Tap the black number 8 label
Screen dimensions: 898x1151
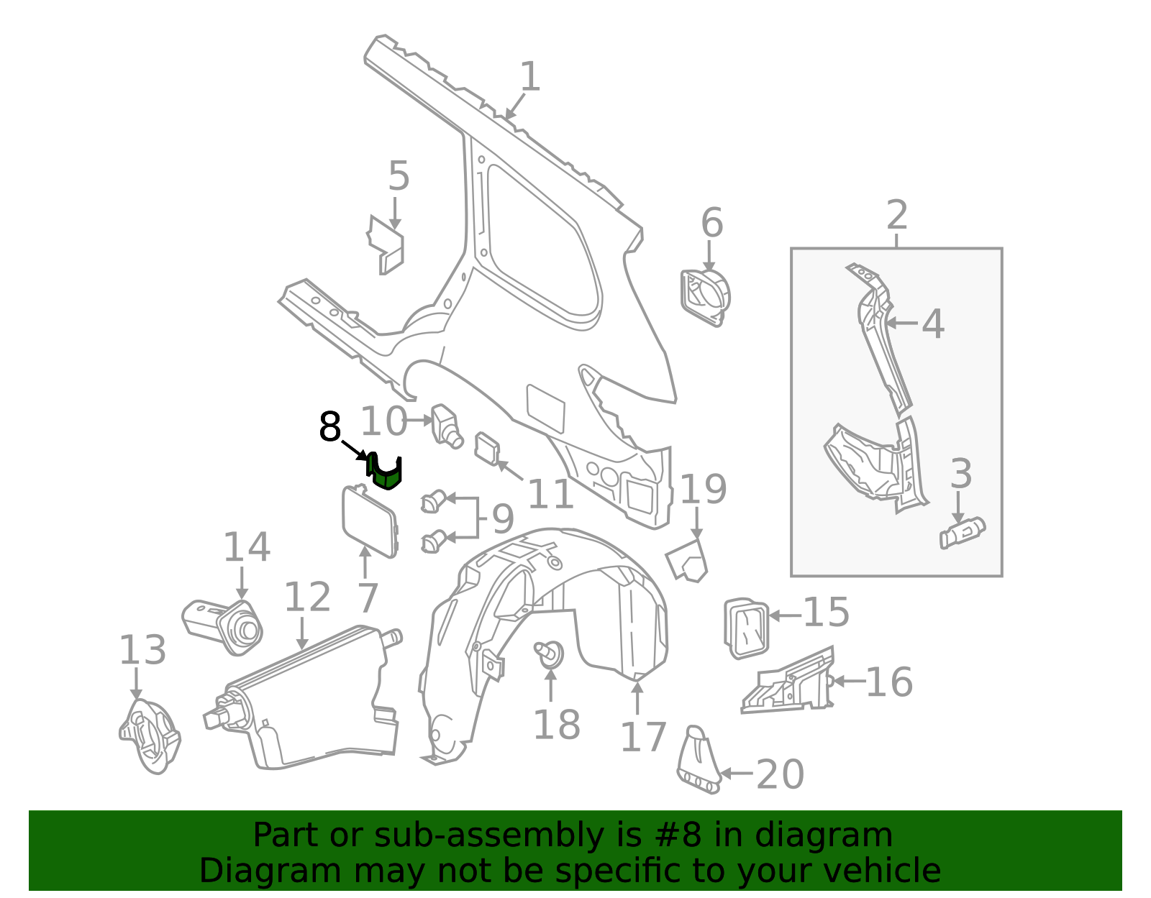tap(329, 428)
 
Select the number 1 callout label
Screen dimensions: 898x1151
tap(529, 77)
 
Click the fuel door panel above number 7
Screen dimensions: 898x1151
tap(369, 521)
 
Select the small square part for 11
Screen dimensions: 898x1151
tap(487, 448)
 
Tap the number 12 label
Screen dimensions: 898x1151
tap(307, 597)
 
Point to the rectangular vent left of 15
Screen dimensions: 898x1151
tap(746, 628)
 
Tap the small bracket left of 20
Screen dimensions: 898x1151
tap(698, 761)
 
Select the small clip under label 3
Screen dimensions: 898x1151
tap(962, 533)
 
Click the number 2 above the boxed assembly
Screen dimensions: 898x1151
tap(896, 215)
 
